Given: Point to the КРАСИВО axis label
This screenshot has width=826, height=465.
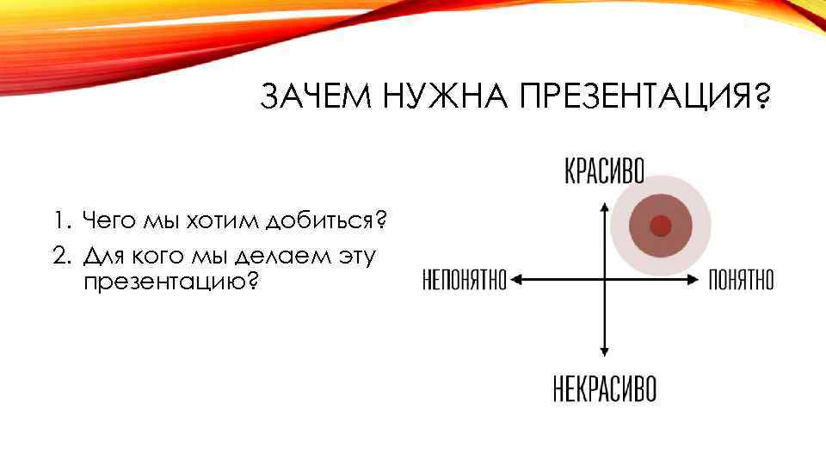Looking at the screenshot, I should point(604,170).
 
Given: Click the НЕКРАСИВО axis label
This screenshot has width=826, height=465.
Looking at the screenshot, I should point(604,387).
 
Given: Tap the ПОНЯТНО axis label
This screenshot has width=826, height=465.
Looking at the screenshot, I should point(741,280).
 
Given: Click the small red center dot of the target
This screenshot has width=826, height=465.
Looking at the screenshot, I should point(660,226).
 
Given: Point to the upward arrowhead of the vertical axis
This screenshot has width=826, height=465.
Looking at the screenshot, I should point(605,206).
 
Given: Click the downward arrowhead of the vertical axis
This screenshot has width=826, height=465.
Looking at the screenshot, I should point(605,351).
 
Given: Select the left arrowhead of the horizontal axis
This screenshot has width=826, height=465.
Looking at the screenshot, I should point(518,279).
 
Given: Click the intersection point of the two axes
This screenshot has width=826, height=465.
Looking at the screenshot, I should point(605,279).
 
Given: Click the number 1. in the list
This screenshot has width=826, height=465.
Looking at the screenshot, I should point(58,223).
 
